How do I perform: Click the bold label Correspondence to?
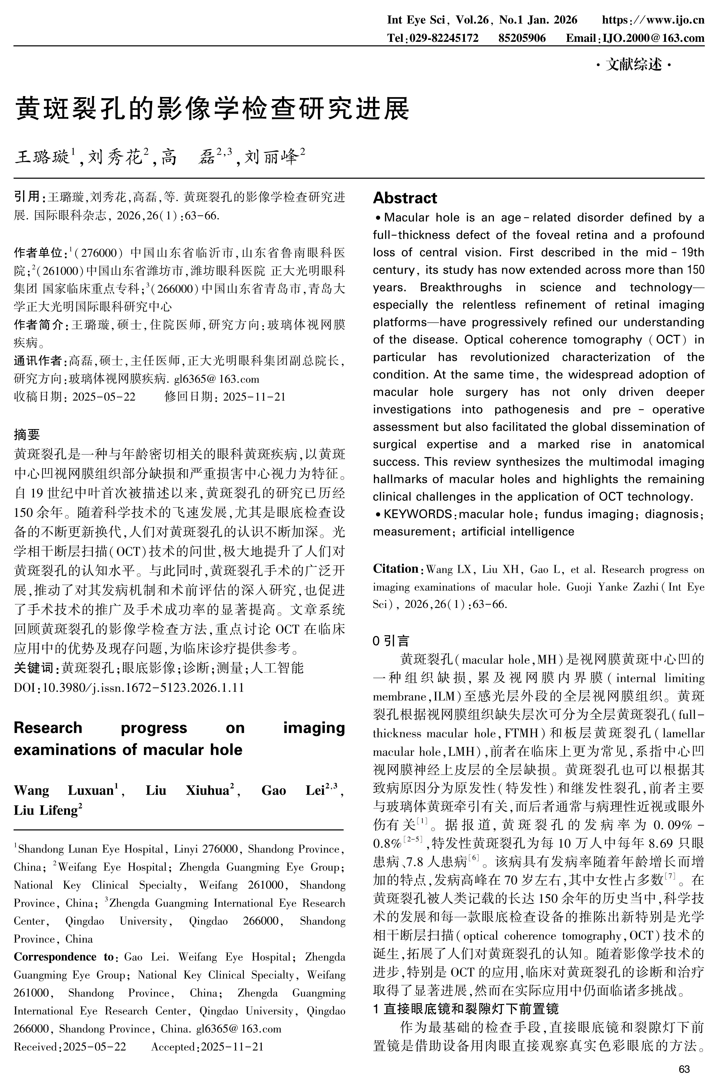coord(64,958)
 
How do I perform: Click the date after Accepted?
coord(232,1047)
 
